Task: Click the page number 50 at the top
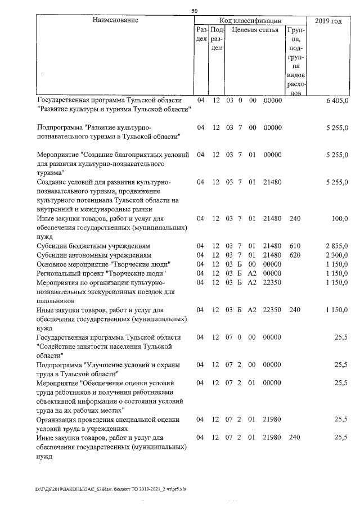(194, 11)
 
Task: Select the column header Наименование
(115, 20)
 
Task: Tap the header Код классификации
(250, 20)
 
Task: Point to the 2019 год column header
(328, 20)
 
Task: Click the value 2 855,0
(337, 246)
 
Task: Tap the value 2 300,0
(337, 255)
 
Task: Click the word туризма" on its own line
(51, 173)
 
